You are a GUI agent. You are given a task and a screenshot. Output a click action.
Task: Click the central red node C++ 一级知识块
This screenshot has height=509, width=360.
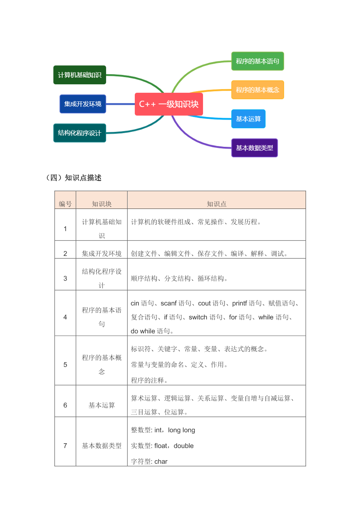(x=169, y=104)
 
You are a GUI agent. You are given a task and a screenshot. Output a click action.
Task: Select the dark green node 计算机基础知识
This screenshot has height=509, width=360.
(x=80, y=75)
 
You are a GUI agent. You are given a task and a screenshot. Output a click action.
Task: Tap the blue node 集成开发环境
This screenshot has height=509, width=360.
(x=83, y=104)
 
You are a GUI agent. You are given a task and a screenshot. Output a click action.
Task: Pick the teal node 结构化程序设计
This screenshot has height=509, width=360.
(x=80, y=133)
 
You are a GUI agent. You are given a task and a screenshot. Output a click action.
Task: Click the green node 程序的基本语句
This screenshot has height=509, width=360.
(x=257, y=61)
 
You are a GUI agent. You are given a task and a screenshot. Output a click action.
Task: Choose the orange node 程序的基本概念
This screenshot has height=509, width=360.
(x=257, y=90)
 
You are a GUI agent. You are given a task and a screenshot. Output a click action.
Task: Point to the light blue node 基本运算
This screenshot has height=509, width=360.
(x=248, y=119)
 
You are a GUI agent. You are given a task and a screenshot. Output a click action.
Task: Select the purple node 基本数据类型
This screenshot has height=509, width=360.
(x=254, y=148)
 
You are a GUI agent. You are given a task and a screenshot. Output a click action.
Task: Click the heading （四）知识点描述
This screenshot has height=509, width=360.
(x=73, y=178)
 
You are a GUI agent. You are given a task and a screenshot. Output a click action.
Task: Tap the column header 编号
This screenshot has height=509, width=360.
(x=65, y=204)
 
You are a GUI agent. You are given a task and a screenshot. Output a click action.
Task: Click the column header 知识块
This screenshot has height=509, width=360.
(x=102, y=204)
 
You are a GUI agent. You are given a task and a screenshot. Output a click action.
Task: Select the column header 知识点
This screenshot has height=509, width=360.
(x=217, y=204)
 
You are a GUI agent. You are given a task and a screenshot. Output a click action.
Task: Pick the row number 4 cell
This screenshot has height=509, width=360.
(x=65, y=317)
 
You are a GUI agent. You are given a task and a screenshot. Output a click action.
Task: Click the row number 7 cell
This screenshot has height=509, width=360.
(x=65, y=446)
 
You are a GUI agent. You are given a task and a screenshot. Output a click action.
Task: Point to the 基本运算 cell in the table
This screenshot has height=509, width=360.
(x=102, y=405)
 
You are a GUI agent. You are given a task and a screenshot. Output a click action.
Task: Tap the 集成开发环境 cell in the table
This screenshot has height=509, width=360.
(x=102, y=254)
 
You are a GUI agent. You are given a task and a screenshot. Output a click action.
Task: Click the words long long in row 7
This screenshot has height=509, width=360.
(x=182, y=430)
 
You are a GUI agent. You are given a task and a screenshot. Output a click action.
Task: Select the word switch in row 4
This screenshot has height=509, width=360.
(x=198, y=317)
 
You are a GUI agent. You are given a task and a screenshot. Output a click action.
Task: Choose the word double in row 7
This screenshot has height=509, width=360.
(x=184, y=446)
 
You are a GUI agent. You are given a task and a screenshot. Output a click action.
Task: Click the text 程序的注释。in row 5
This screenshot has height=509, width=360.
(x=149, y=380)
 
